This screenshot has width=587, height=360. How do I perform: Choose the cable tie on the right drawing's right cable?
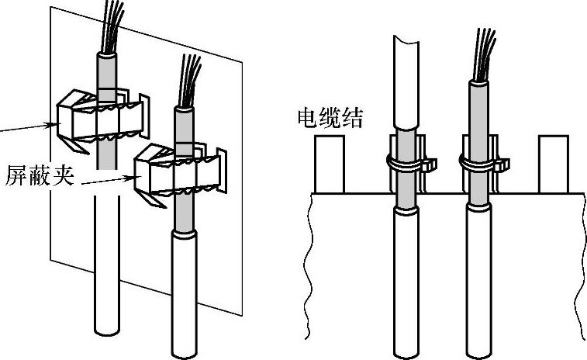tap(478, 164)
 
